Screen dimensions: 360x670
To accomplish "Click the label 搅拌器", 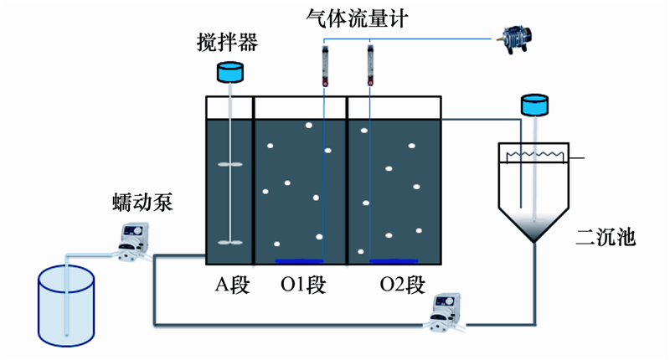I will [x=229, y=41].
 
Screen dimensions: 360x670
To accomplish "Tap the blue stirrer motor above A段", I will [x=230, y=74].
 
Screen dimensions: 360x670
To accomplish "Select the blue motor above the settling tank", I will [x=533, y=105].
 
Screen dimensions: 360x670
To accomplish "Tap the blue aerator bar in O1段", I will [x=300, y=260].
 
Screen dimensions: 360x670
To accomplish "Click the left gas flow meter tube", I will [x=324, y=68].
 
